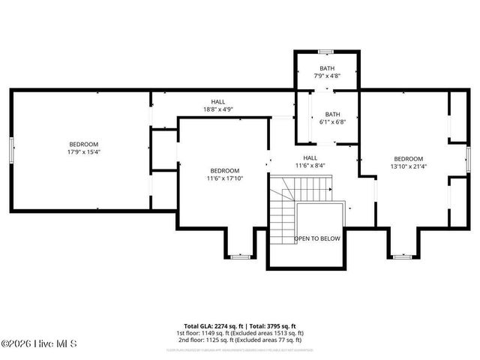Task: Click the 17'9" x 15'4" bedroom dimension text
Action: click(x=84, y=152)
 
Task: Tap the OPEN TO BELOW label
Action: click(x=316, y=238)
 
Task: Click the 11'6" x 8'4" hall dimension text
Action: click(x=310, y=166)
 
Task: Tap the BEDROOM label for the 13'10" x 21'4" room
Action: click(x=409, y=158)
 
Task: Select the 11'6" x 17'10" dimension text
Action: click(x=225, y=178)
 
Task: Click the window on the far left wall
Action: click(x=10, y=148)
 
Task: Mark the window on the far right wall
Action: click(x=468, y=158)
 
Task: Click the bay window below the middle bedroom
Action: click(x=239, y=256)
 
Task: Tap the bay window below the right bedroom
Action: click(x=403, y=256)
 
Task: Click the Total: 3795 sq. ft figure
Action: click(x=276, y=327)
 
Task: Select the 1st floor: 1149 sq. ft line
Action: click(x=240, y=333)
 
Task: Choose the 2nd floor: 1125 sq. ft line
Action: click(x=240, y=339)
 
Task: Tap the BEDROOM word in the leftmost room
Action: click(x=84, y=144)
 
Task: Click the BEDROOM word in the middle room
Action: click(x=225, y=170)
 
